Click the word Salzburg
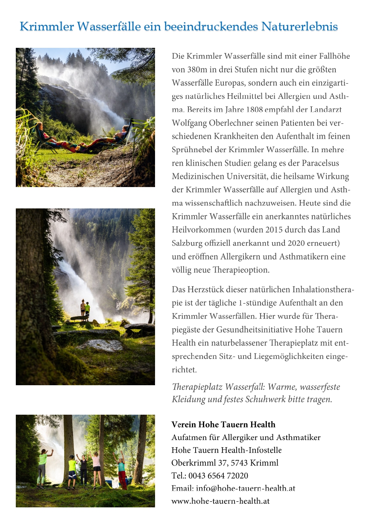tap(186, 243)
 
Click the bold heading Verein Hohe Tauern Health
tap(223, 425)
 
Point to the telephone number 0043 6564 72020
tap(218, 476)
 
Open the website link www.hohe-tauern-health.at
tap(220, 501)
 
